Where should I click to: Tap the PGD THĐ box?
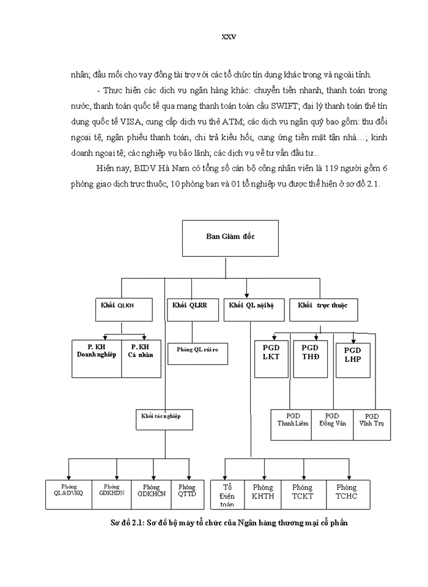coord(310,354)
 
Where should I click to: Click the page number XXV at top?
coord(228,37)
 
